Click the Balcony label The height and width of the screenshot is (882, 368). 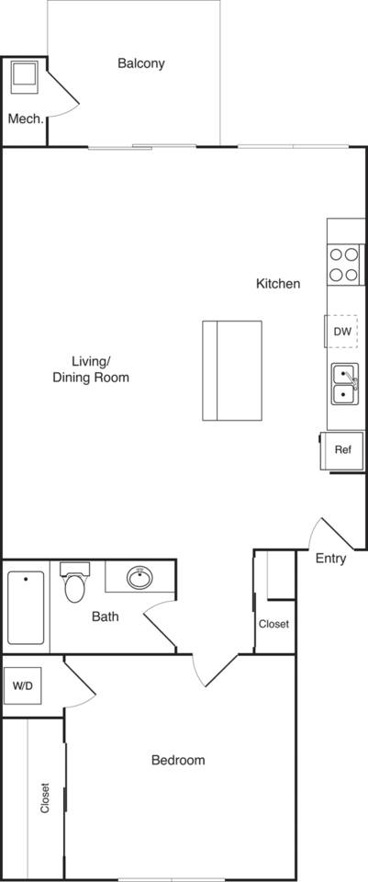pos(141,63)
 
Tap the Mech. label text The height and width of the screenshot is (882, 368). pos(26,119)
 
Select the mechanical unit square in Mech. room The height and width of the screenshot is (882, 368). pos(23,76)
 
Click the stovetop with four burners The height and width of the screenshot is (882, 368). pos(344,265)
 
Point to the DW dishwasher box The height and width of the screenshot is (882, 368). pos(341,331)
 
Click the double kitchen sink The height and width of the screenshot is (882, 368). pos(344,383)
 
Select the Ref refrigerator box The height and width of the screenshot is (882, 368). pos(342,449)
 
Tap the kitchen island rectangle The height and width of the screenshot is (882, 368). pos(232,370)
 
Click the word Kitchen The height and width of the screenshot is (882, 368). pos(277,284)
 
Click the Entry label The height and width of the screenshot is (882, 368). pos(330,558)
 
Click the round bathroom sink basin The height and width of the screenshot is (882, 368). pos(139,578)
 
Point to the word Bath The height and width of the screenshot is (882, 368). pos(105,616)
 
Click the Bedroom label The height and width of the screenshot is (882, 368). pos(177,760)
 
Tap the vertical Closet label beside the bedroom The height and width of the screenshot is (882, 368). pos(44,798)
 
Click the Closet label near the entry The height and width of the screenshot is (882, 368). pos(273,624)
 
